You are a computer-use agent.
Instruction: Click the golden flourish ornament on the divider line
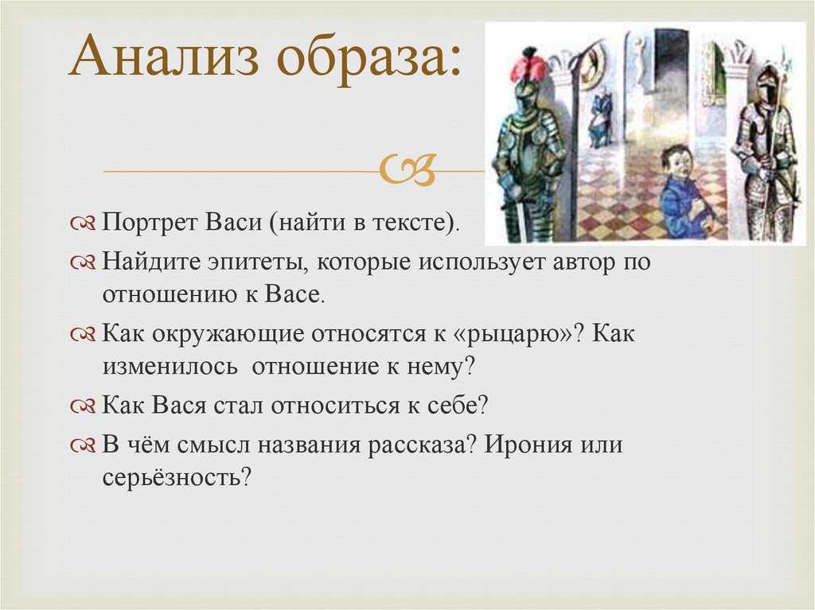pyautogui.click(x=407, y=169)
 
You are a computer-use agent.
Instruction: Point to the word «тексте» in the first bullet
pyautogui.click(x=410, y=223)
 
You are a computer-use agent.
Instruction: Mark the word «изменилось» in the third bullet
pyautogui.click(x=170, y=367)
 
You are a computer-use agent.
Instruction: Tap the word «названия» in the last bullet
pyautogui.click(x=309, y=445)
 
